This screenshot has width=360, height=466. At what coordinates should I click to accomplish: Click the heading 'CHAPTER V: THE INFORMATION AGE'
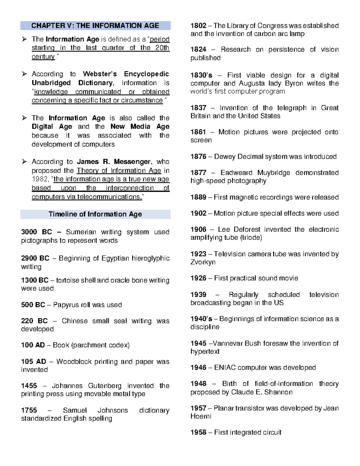(95, 26)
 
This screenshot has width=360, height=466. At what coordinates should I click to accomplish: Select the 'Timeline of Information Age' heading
(95, 214)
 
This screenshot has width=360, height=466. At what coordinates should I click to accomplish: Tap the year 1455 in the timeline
(29, 386)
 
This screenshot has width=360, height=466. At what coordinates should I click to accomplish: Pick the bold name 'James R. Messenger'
(114, 162)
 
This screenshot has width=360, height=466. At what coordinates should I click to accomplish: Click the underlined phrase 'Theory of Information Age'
(119, 170)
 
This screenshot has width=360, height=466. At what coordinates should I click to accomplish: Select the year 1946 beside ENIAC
(198, 368)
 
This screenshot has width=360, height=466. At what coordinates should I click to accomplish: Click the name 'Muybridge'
(274, 173)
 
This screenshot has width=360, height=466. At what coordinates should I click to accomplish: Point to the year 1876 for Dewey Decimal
(198, 157)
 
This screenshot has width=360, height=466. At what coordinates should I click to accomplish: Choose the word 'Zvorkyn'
(203, 262)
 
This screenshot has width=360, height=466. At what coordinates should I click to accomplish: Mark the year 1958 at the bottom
(198, 432)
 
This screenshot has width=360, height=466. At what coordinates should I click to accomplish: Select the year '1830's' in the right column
(201, 75)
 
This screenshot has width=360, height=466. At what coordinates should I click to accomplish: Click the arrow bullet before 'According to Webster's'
(24, 74)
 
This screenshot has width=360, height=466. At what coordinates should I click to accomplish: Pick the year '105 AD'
(34, 362)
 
